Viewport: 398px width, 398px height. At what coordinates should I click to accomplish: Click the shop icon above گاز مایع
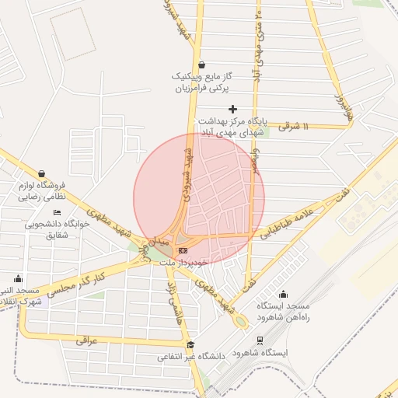point(202,65)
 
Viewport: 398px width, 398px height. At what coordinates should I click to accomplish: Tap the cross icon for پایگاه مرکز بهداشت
point(232,109)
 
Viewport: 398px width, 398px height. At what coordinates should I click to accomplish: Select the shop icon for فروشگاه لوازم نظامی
point(41,173)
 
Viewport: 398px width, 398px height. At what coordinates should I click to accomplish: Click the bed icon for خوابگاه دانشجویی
point(57,211)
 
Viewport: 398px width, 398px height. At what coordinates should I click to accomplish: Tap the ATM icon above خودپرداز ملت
point(183,250)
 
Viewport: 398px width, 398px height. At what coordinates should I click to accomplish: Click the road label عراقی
point(87,340)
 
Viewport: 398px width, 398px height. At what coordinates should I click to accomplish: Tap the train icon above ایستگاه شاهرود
point(260,340)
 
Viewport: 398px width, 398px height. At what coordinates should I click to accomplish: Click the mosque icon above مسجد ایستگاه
point(283,294)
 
